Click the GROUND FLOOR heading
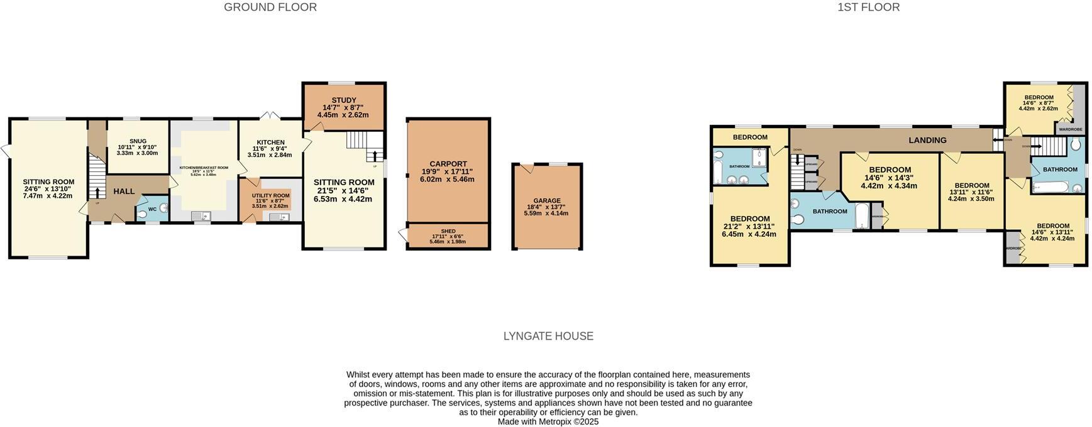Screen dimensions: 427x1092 [x=270, y=8]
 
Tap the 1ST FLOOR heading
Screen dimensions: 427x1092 [x=868, y=8]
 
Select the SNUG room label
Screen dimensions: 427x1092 [x=138, y=141]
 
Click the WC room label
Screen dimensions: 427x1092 [x=152, y=209]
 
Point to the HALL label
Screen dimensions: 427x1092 [x=124, y=191]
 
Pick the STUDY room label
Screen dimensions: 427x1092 [x=344, y=100]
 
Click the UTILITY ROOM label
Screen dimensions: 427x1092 [x=272, y=195]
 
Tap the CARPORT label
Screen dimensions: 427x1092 [x=448, y=164]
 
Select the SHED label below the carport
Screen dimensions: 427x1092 [x=448, y=231]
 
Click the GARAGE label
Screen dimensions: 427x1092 [x=546, y=201]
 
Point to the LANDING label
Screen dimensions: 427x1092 [x=927, y=140]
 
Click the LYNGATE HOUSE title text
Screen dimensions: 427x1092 [x=548, y=336]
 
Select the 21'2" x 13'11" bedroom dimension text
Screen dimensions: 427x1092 [x=749, y=227]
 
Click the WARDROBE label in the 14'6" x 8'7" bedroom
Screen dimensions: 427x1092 [x=1070, y=129]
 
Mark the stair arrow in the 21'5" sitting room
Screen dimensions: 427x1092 [x=376, y=155]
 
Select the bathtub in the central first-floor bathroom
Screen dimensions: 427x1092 [x=861, y=215]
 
